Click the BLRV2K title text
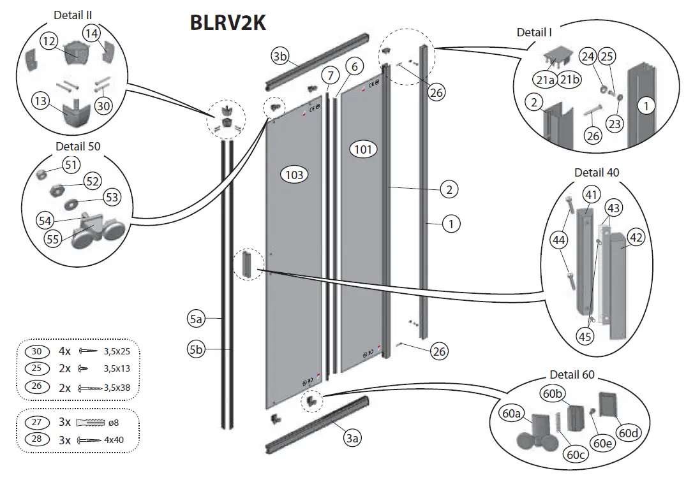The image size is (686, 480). [x=228, y=22]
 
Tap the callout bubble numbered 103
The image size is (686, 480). [x=295, y=174]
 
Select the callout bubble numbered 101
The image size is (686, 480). [x=364, y=150]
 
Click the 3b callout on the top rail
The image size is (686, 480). [x=280, y=56]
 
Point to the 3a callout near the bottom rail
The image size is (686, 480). [x=352, y=437]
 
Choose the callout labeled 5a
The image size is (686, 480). [x=195, y=317]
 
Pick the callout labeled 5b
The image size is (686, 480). [x=195, y=349]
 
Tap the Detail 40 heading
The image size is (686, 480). [x=597, y=173]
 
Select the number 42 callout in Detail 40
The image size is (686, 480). [x=636, y=237]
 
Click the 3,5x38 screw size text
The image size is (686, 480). [x=121, y=387]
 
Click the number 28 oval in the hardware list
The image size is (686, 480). [x=37, y=440]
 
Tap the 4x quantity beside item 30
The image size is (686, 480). [x=65, y=351]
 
